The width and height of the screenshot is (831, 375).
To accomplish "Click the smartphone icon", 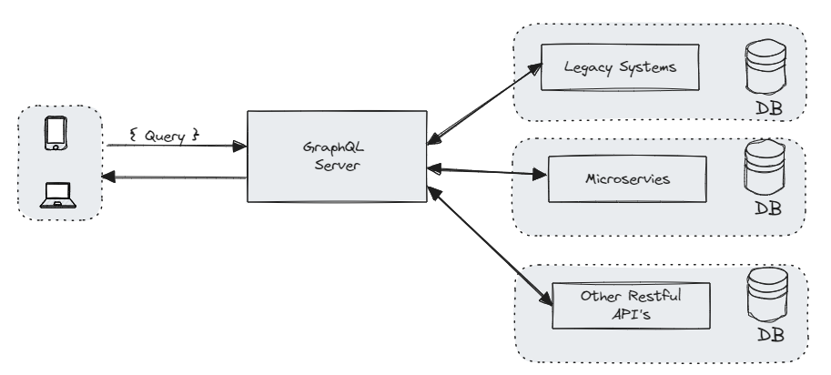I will click(x=56, y=134).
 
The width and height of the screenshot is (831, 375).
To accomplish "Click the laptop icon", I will click(x=56, y=194).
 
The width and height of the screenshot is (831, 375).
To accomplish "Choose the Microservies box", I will click(x=627, y=178).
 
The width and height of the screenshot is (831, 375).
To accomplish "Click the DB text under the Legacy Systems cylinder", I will click(x=767, y=111).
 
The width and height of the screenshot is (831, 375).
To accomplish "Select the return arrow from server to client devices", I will click(x=173, y=177).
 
